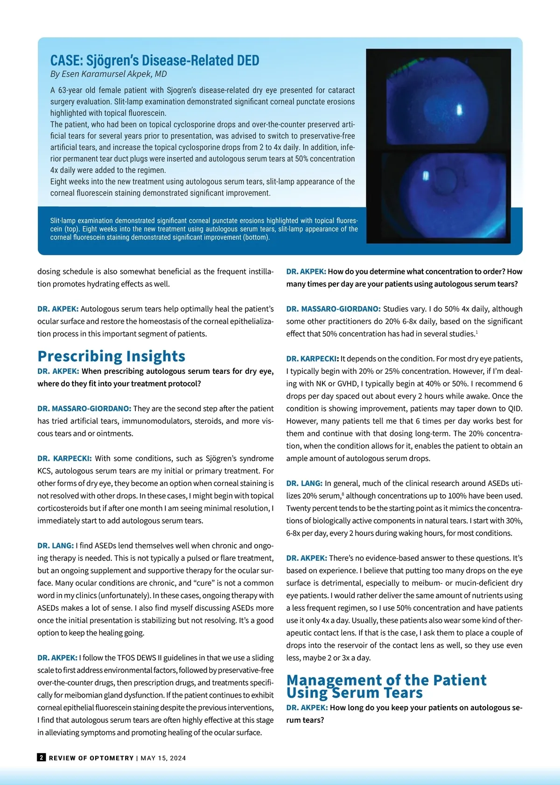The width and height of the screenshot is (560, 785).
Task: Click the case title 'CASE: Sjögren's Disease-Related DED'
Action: tap(154, 60)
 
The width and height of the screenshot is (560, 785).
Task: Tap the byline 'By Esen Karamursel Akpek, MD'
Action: tap(108, 74)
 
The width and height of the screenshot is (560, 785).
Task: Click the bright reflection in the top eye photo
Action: tap(459, 109)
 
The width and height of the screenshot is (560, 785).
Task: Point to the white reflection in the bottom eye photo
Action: tap(425, 176)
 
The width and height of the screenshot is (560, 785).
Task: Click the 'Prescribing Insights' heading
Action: tap(112, 356)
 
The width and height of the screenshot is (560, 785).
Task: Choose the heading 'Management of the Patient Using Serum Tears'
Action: tap(386, 686)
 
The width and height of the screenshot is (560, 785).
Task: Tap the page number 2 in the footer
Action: tap(42, 757)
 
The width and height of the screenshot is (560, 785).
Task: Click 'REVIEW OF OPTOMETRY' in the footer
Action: tap(91, 758)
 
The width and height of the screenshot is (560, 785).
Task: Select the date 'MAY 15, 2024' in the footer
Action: tap(163, 758)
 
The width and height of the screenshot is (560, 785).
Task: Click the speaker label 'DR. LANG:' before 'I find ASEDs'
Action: tap(56, 545)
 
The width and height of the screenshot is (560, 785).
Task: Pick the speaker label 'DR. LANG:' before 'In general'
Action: tap(304, 483)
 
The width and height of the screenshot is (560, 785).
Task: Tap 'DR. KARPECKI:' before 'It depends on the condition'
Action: tap(312, 359)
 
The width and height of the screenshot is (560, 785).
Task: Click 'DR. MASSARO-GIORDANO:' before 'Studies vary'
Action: tap(333, 309)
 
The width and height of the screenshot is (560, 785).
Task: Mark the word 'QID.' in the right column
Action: tap(515, 408)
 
